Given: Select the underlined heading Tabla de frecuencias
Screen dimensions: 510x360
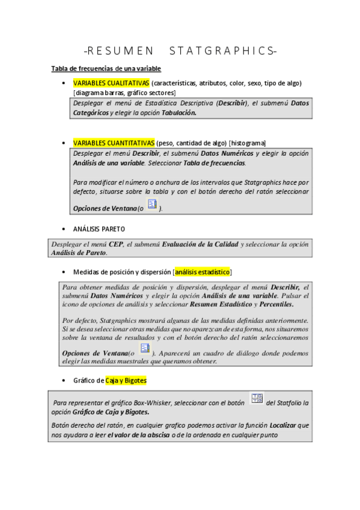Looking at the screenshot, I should tap(105, 69).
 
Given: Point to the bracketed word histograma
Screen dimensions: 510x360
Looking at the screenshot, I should tap(247, 143).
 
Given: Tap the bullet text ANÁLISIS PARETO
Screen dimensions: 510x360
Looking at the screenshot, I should tap(99, 229).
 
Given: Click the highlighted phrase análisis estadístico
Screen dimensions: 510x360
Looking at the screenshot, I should tap(203, 272).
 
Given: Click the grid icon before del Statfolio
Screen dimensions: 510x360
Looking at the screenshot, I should tap(256, 399).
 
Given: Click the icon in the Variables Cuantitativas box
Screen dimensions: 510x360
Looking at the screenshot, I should tap(153, 206).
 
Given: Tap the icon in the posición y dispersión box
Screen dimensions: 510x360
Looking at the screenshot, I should tap(145, 349).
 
